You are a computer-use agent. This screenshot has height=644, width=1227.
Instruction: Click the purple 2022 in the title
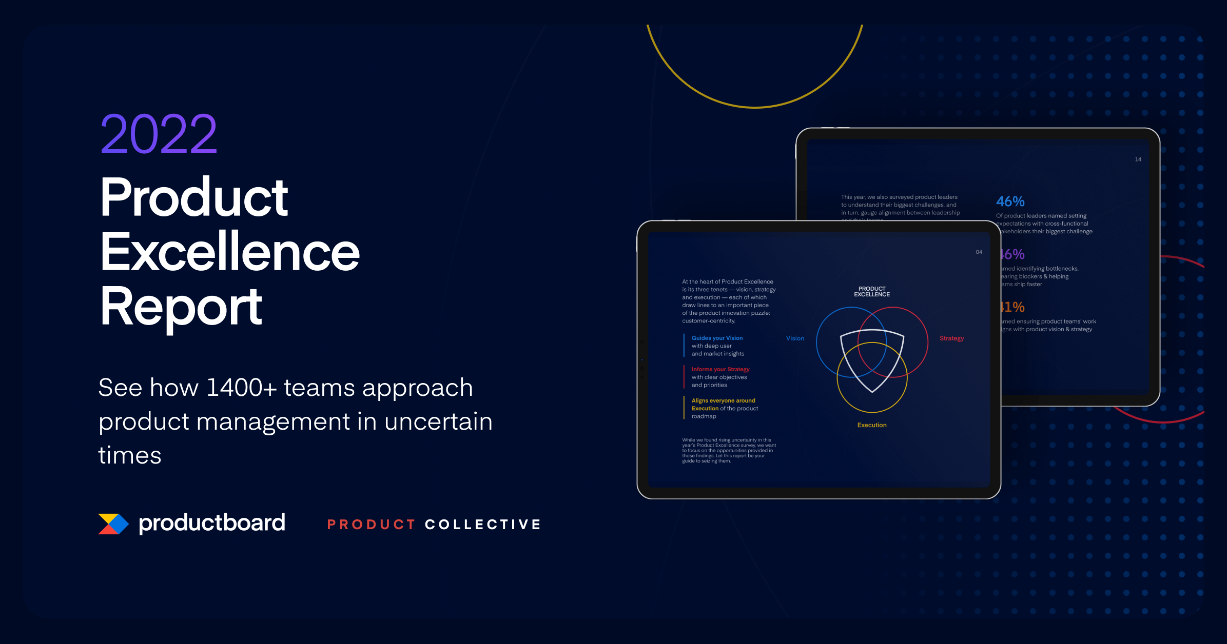click(159, 134)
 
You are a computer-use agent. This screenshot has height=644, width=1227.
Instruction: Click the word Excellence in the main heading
click(230, 252)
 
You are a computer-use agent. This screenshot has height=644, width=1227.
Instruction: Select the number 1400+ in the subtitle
click(241, 388)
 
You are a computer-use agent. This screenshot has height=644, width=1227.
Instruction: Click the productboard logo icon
click(113, 524)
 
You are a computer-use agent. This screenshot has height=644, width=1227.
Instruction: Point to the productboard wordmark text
click(212, 523)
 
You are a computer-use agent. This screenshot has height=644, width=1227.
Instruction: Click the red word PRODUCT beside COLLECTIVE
click(371, 525)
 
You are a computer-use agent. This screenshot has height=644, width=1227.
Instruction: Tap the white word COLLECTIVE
click(483, 525)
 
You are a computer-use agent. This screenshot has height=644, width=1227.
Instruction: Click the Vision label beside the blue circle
click(795, 338)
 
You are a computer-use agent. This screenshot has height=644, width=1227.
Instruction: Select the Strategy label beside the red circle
click(951, 338)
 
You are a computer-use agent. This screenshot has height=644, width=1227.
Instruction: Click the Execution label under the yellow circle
click(872, 425)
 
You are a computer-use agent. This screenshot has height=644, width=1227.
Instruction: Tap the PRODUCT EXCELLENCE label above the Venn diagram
click(872, 292)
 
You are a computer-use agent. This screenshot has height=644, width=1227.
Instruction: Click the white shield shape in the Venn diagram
click(872, 359)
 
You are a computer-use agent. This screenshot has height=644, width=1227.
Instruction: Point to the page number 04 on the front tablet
click(979, 252)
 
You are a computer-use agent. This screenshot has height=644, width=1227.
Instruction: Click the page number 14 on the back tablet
click(1138, 159)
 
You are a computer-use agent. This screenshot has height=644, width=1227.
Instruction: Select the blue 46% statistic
click(1010, 202)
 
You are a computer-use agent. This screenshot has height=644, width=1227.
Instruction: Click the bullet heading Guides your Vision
click(717, 338)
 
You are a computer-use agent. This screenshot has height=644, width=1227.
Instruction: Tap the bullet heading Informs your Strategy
click(720, 369)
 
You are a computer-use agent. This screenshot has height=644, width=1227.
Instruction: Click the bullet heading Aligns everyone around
click(723, 400)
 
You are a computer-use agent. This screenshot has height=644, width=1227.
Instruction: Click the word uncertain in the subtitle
click(438, 422)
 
